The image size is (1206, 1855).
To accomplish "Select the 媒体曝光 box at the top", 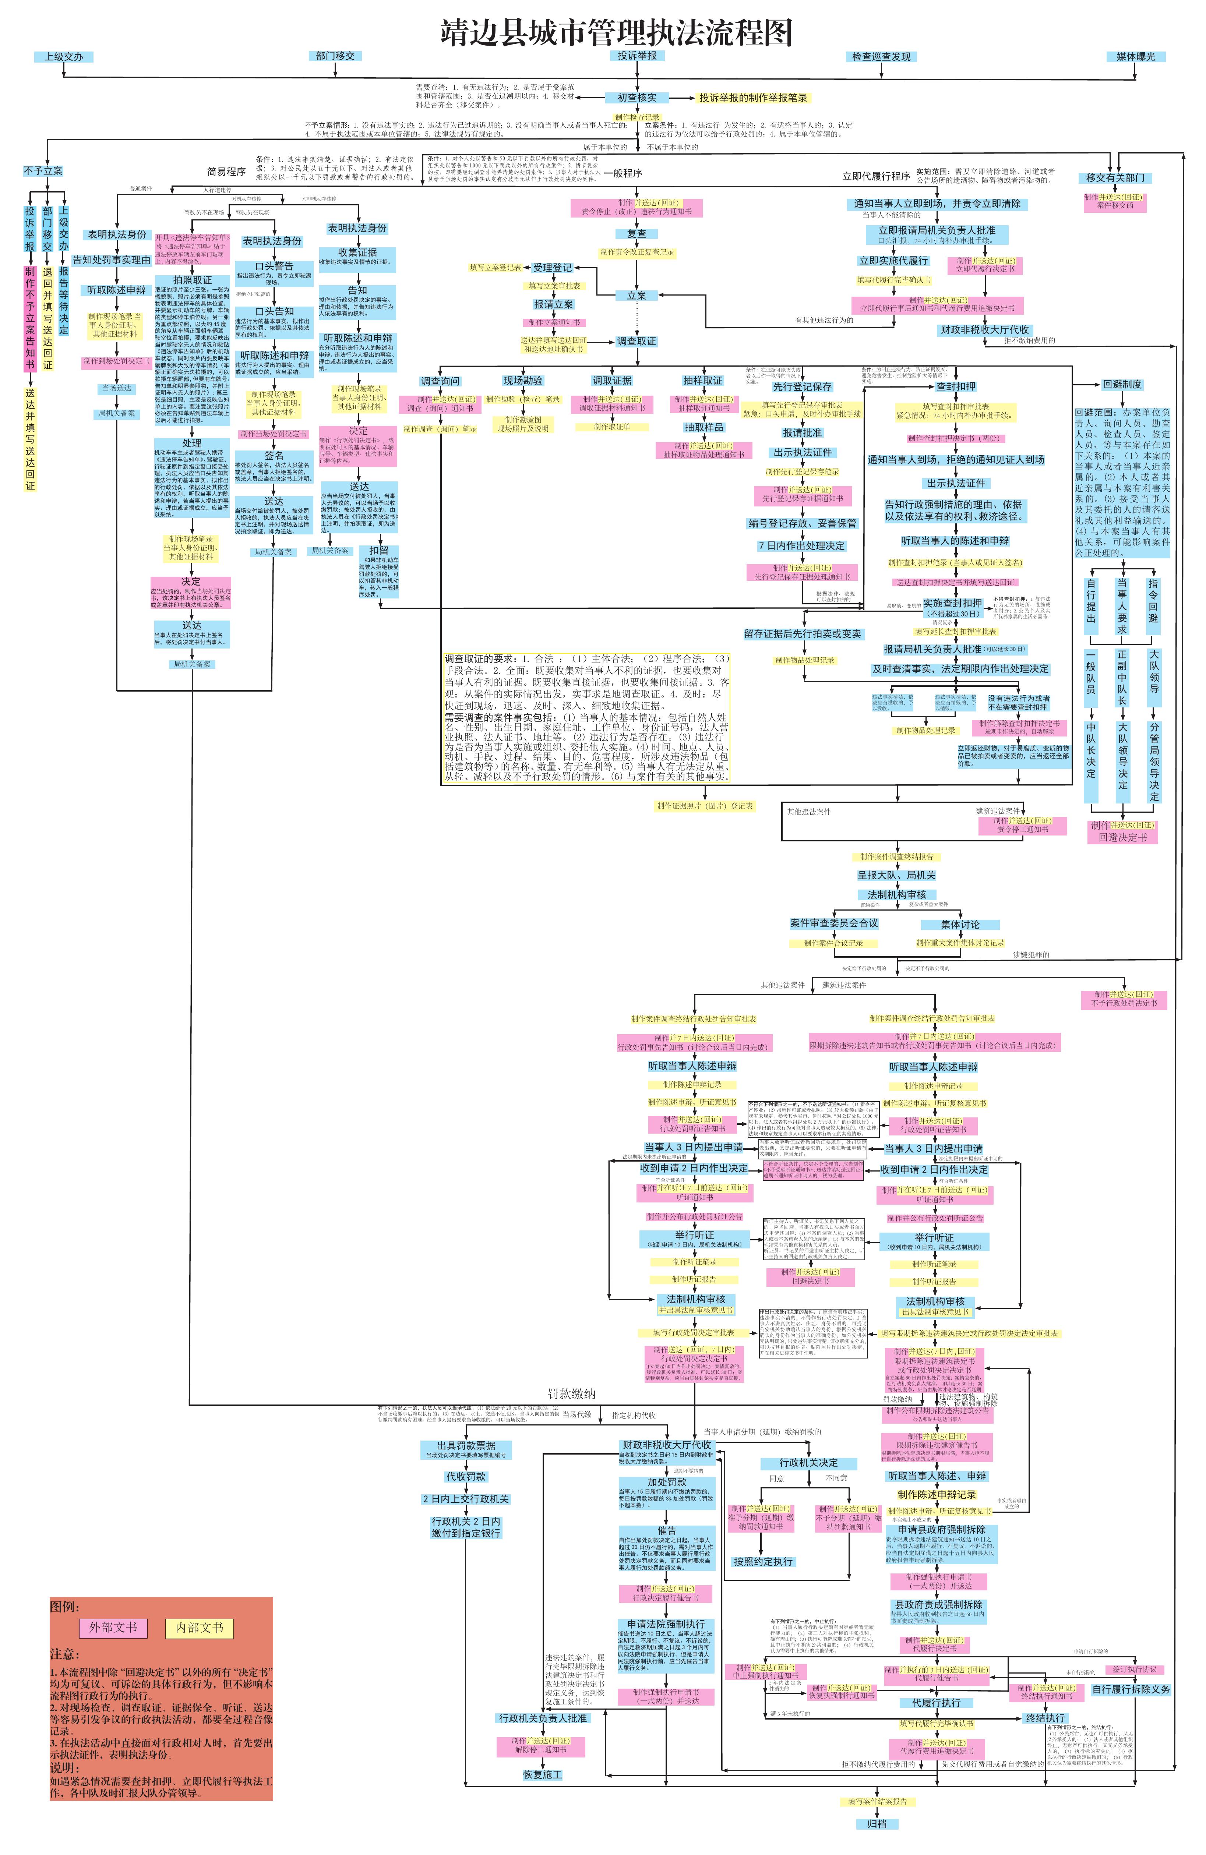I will pyautogui.click(x=1135, y=56).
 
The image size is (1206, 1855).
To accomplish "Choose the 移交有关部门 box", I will pyautogui.click(x=1115, y=178).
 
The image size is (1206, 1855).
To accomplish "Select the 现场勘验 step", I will pyautogui.click(x=522, y=380).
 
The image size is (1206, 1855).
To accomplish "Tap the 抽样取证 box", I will pyautogui.click(x=702, y=380).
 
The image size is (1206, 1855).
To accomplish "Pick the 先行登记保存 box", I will pyautogui.click(x=802, y=386).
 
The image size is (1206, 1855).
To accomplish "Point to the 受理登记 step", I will pyautogui.click(x=552, y=267).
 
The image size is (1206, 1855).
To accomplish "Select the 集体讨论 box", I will pyautogui.click(x=960, y=925).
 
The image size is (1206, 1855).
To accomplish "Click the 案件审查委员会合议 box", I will pyautogui.click(x=833, y=923).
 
